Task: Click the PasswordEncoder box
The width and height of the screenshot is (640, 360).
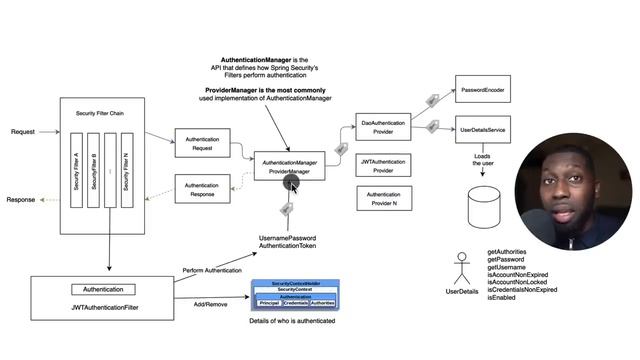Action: (x=483, y=90)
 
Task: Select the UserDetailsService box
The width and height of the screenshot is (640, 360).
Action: (x=483, y=130)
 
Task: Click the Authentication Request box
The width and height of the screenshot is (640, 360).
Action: (x=203, y=143)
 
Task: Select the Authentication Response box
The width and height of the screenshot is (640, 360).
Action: (x=203, y=188)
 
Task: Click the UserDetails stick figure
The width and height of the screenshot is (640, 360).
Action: (x=461, y=266)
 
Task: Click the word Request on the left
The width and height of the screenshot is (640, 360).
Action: (x=23, y=132)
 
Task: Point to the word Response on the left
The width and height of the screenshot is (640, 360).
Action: (x=21, y=199)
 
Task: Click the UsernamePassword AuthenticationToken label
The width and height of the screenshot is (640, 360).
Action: (x=287, y=241)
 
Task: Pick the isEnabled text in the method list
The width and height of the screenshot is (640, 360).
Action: (x=504, y=297)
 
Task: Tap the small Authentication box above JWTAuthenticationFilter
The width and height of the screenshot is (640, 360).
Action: (x=96, y=289)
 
